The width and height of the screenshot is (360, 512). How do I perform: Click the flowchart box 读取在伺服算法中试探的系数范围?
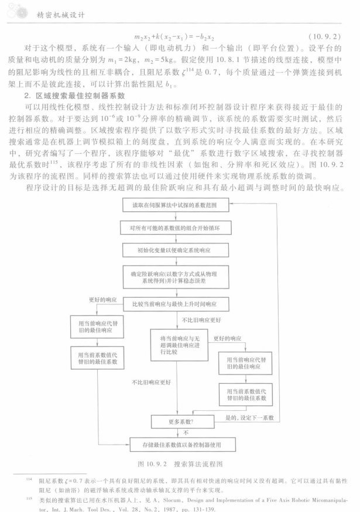[x=180, y=205]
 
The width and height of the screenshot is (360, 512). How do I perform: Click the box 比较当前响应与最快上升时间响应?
[x=180, y=304]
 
